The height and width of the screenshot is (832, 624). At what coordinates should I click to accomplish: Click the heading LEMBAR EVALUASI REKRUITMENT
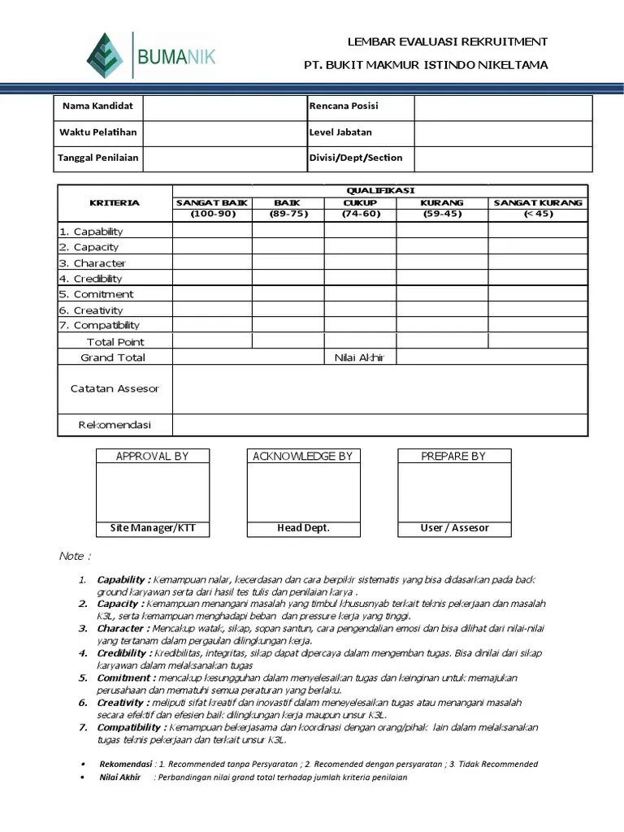tap(447, 41)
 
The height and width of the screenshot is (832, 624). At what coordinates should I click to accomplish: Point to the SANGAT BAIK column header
tap(212, 202)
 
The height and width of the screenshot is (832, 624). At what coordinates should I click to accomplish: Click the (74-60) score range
tap(360, 214)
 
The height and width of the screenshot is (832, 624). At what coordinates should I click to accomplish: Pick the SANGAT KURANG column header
tap(537, 202)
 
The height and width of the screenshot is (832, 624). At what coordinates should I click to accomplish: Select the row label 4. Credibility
tap(90, 279)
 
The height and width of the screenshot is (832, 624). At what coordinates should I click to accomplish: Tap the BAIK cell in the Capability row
tap(288, 231)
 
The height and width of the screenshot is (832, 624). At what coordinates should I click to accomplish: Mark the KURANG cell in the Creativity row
tap(441, 310)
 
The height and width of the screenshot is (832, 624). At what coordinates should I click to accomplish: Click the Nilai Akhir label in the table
tap(359, 357)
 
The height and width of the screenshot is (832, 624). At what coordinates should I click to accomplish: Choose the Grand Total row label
tap(113, 357)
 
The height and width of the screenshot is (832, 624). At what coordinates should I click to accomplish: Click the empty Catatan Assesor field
tap(379, 388)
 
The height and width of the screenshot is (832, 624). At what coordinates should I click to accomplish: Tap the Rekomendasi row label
tap(115, 425)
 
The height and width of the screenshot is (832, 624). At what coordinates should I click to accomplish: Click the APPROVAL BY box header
tap(152, 456)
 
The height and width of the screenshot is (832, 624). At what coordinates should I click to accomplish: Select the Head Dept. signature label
tap(303, 528)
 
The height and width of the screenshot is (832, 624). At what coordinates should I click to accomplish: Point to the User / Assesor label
tap(454, 528)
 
